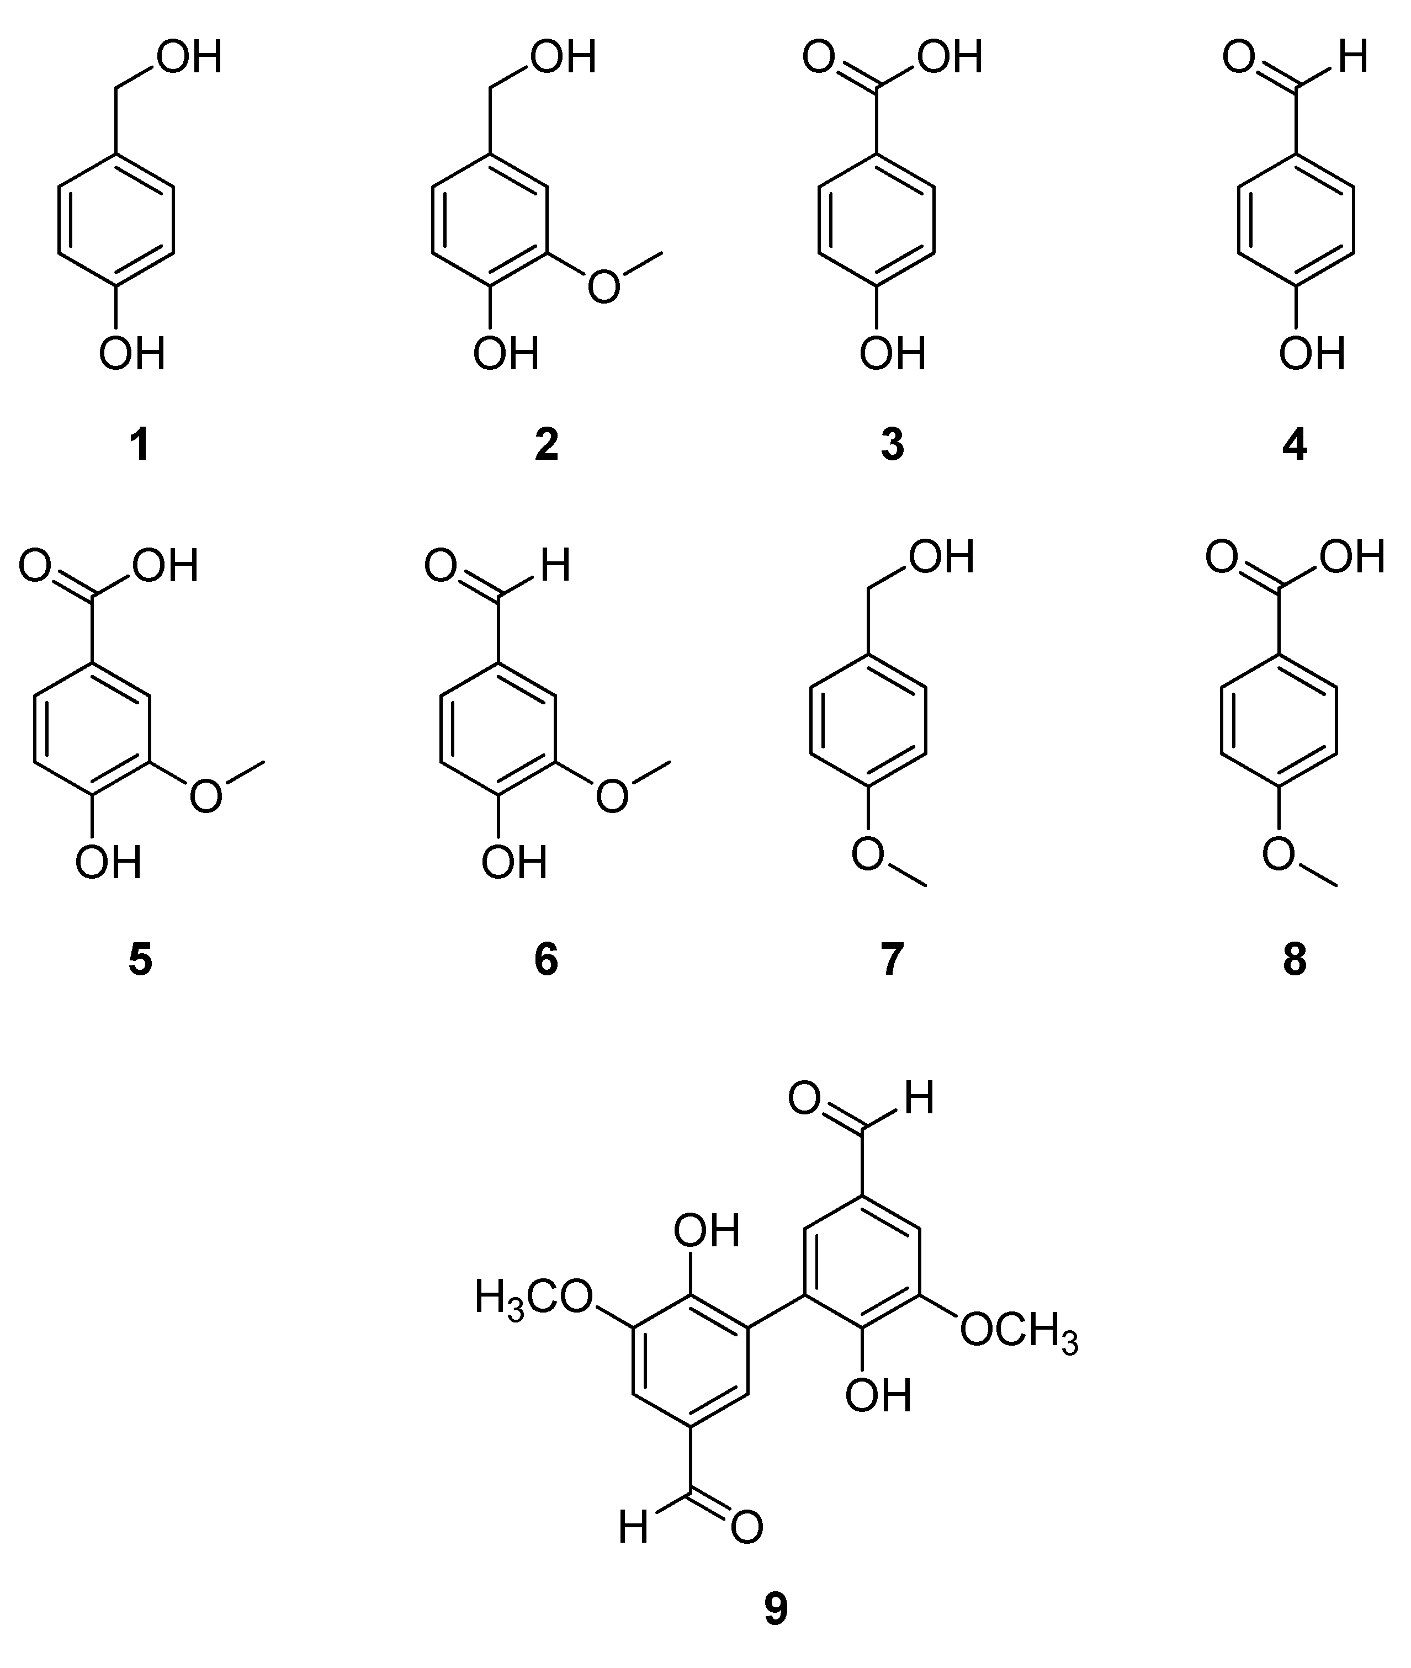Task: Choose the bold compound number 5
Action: coord(140,959)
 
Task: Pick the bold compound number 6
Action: coord(547,959)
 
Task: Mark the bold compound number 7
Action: coord(892,959)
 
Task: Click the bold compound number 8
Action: coord(1294,959)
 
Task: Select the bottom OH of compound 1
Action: coord(132,353)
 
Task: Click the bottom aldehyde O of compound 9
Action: coord(746,1528)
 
